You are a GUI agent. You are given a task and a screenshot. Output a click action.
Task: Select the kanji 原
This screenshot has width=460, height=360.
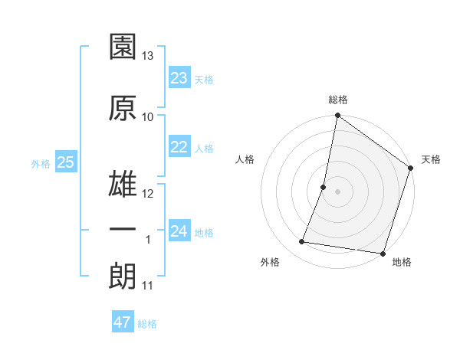[x=123, y=107]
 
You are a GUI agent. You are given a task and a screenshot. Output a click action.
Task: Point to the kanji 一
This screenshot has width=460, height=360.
[x=123, y=230]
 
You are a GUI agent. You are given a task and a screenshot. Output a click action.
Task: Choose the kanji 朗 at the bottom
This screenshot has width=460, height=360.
[x=123, y=276]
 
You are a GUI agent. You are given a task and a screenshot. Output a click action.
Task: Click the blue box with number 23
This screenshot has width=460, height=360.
[x=179, y=77]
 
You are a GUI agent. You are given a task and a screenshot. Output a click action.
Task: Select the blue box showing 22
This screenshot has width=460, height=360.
[x=179, y=147]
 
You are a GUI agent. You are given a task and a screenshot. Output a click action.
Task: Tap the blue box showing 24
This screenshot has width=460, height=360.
[x=179, y=231]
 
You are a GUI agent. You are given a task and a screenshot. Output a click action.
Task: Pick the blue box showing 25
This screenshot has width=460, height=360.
[x=65, y=162]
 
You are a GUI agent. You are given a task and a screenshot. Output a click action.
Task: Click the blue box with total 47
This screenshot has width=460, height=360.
[x=123, y=322]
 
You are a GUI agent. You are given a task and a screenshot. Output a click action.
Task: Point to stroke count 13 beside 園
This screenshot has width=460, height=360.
[x=148, y=56]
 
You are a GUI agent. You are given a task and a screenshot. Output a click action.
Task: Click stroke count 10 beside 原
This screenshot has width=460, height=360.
[x=148, y=116]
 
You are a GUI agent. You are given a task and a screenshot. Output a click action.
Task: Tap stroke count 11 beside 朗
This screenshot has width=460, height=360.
[x=148, y=286]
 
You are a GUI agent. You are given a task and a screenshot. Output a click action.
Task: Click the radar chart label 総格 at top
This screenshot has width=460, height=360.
[x=338, y=100]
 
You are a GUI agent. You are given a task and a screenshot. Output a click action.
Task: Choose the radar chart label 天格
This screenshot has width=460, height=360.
[x=431, y=159]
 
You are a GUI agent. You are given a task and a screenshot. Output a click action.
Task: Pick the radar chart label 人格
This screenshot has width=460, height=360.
[x=245, y=159]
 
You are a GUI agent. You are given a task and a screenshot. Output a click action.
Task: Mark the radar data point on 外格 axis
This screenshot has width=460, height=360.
[x=302, y=242]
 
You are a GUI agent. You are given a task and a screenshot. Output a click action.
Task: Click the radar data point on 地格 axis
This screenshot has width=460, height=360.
[x=382, y=253]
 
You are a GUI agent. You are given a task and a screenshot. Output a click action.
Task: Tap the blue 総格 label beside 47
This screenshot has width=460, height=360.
[x=147, y=324]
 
